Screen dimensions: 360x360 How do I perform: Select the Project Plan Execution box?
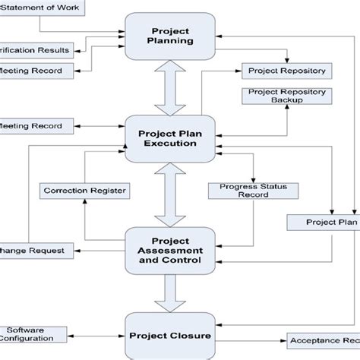click(x=170, y=137)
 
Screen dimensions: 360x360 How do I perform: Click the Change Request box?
click(x=36, y=249)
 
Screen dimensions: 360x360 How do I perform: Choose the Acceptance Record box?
click(x=324, y=341)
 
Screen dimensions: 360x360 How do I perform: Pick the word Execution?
click(x=170, y=144)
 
